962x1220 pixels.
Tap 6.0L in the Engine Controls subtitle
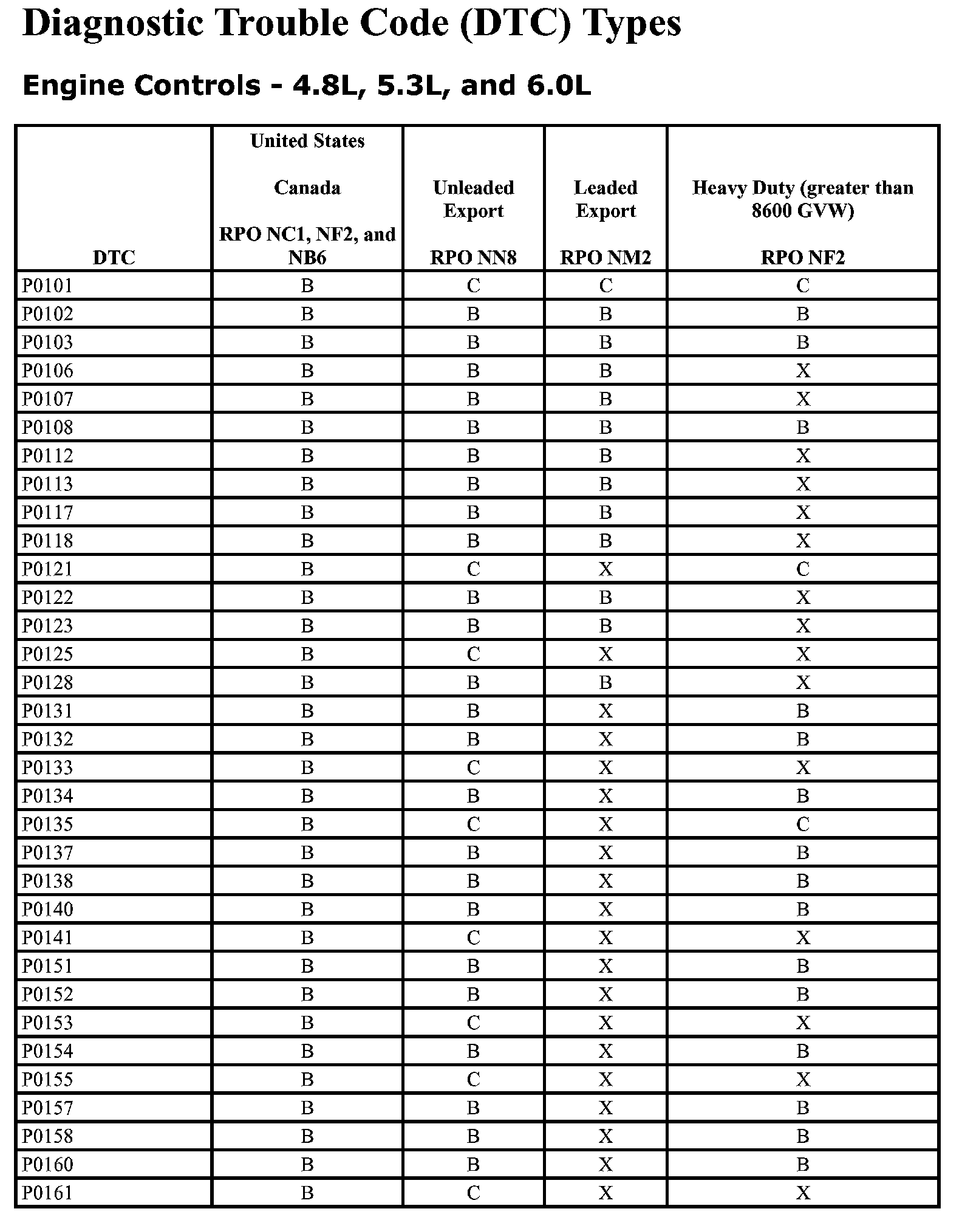pos(555,86)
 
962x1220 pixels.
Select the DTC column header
pos(114,258)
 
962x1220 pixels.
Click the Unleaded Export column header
pos(473,199)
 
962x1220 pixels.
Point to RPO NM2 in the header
pos(605,258)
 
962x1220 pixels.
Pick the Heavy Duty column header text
pos(802,199)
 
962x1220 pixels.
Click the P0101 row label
pos(47,286)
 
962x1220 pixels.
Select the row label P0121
pos(47,569)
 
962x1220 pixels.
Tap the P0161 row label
pos(47,1193)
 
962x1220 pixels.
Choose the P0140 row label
pos(47,910)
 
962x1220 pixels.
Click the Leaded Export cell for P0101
pos(606,286)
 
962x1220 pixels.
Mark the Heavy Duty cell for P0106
pos(803,371)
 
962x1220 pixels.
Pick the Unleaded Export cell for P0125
pos(473,654)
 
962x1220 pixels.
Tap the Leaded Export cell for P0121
pos(606,569)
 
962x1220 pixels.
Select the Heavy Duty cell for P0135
pos(803,824)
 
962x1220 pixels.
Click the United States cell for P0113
pos(307,484)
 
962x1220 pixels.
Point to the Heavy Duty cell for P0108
pos(803,428)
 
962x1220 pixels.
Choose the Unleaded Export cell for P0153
pos(473,1023)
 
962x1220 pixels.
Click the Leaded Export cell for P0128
pos(606,683)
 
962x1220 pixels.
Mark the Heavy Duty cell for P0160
pos(803,1165)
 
